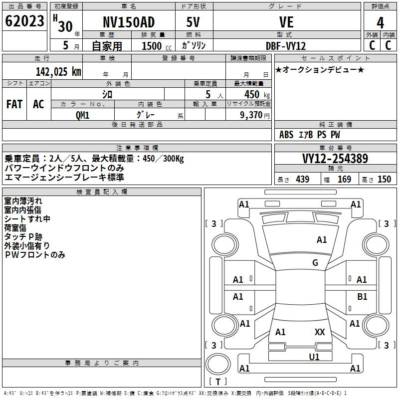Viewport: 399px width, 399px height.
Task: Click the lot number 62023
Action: point(24,21)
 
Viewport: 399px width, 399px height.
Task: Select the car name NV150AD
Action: point(129,22)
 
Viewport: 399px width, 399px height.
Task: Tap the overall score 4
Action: point(380,22)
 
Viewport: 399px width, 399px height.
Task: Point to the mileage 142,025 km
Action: point(58,72)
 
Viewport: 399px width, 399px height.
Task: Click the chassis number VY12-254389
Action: point(335,159)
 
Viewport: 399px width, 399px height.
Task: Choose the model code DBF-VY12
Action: point(286,46)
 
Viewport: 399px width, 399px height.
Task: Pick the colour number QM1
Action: point(82,115)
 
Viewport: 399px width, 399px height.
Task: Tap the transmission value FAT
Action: point(14,104)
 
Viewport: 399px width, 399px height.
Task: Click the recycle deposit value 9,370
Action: point(251,115)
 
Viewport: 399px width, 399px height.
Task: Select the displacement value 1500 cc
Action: point(157,46)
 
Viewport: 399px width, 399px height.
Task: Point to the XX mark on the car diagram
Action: point(320,332)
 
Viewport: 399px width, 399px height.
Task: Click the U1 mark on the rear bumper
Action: point(314,357)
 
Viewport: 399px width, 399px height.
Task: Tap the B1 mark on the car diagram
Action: point(362,296)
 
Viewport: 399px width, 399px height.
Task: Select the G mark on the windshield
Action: point(315,262)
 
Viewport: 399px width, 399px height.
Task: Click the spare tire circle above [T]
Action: point(218,364)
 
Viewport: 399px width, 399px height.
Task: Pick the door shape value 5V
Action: point(193,22)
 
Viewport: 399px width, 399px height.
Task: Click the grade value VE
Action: point(286,22)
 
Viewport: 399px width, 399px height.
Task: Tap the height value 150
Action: point(384,179)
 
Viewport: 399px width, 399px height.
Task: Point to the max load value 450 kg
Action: point(257,95)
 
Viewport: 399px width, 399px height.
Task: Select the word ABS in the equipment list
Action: point(286,135)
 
